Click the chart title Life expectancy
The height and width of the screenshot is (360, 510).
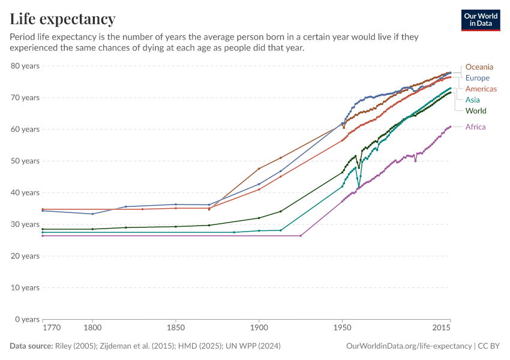(x=62, y=19)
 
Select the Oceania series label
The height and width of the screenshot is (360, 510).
(x=479, y=67)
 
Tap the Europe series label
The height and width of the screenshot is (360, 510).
(x=477, y=78)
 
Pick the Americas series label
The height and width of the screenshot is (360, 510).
(x=481, y=89)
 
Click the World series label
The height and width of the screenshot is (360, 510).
(x=475, y=111)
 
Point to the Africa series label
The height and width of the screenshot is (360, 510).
(x=475, y=127)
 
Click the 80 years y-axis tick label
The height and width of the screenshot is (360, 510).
(x=25, y=65)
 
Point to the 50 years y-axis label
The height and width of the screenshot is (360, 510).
(x=25, y=161)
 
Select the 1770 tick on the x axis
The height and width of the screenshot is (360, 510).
(x=51, y=328)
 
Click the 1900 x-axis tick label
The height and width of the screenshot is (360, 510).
(x=259, y=328)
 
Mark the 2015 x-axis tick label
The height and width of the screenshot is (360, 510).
(x=442, y=328)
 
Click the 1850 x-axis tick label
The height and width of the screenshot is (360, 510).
(x=175, y=328)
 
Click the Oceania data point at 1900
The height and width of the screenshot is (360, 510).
(x=259, y=169)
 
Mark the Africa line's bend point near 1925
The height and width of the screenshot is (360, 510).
(x=301, y=236)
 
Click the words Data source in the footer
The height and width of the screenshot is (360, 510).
(x=30, y=346)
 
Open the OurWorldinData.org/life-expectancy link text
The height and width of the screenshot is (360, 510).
(x=409, y=346)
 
